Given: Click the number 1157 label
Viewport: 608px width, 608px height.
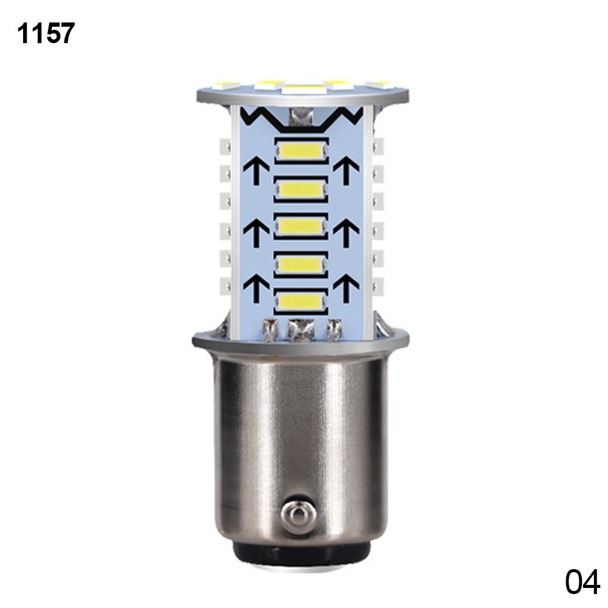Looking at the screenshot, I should click(x=46, y=33).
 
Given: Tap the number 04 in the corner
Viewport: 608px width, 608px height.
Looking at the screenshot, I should click(x=582, y=582).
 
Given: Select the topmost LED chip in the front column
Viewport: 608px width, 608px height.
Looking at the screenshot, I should click(x=302, y=150).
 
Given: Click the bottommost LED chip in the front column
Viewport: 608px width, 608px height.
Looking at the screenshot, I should click(x=302, y=301).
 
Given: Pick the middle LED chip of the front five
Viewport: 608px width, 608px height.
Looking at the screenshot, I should click(x=302, y=227).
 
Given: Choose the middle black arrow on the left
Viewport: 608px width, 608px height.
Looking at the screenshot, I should click(x=256, y=232).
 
